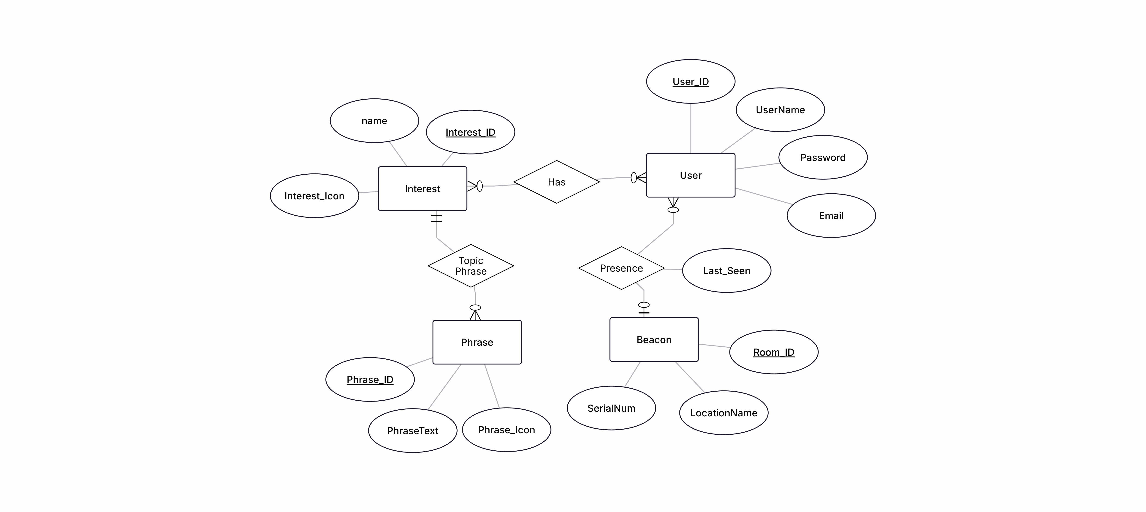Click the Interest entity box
422,188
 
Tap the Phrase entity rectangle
477,342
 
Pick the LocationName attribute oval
723,413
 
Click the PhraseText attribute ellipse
412,431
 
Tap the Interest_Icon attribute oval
314,196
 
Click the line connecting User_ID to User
691,129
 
